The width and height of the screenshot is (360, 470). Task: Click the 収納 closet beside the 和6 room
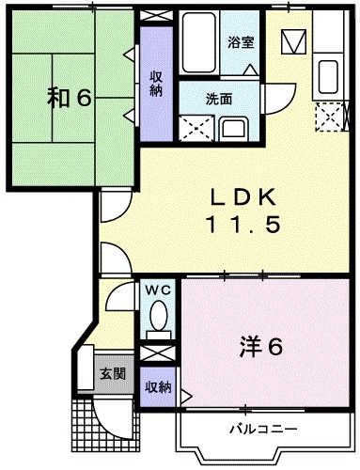(x=155, y=85)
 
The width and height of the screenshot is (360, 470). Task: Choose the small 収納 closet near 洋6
(x=158, y=386)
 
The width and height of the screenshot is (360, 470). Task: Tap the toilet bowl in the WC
(x=158, y=318)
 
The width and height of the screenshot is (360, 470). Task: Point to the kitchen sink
(x=330, y=74)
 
